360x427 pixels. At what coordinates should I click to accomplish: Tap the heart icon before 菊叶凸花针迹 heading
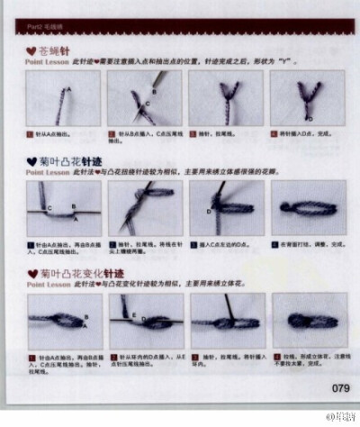[31, 159]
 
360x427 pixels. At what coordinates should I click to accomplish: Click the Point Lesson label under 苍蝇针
[46, 66]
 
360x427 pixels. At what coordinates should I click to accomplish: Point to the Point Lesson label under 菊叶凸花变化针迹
[46, 282]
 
